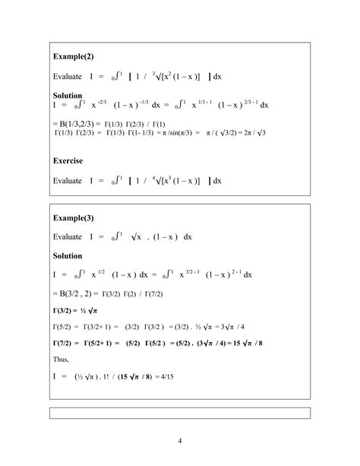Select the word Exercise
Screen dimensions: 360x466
pos(68,161)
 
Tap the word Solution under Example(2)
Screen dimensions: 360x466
pos(67,97)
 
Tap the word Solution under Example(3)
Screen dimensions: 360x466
pos(67,255)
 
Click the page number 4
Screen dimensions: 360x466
pos(180,440)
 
